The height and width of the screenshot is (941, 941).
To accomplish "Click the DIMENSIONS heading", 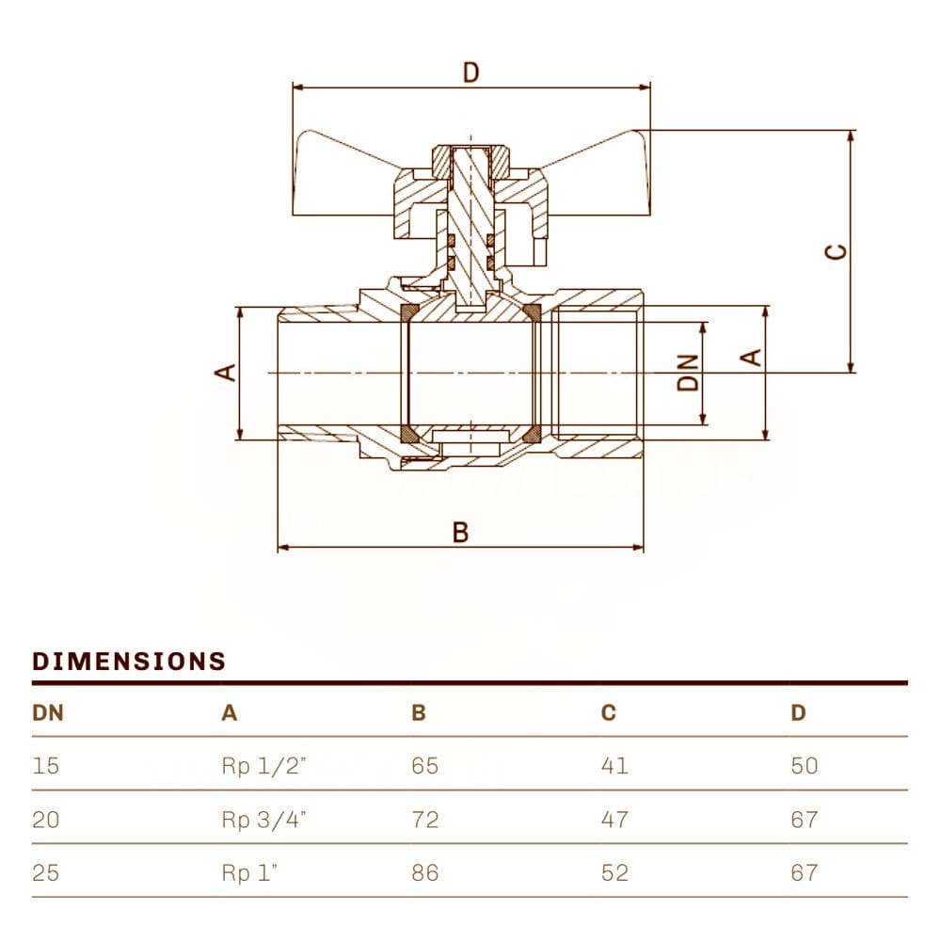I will pos(129,661).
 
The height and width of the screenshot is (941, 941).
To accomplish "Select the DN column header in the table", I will pos(48,712).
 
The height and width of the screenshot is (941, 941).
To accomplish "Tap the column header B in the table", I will pos(419,712).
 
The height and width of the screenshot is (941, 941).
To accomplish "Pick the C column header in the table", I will pos(609,712).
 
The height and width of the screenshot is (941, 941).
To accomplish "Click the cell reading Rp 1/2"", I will pos(264,766).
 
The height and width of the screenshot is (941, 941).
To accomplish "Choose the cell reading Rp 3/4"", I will pos(264,820).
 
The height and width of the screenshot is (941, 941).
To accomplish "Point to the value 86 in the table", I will pos(425,873).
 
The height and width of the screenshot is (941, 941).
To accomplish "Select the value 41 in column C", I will pos(614,766).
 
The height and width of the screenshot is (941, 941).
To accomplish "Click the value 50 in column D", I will pos(805,766).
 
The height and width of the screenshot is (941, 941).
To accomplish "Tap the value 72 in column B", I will pos(425,820).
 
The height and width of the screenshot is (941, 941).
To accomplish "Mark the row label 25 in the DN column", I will pos(46,873).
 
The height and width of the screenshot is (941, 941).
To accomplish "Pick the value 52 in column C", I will pos(614,873).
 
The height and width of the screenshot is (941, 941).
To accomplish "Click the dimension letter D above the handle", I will pos(471,72).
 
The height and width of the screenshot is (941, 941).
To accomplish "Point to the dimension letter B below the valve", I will pos(460,533).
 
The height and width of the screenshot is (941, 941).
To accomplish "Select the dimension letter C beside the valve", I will pos(835,251).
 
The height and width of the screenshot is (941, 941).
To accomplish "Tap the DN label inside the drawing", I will pos(691,372).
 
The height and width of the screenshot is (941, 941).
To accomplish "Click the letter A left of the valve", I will pos(226,373).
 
